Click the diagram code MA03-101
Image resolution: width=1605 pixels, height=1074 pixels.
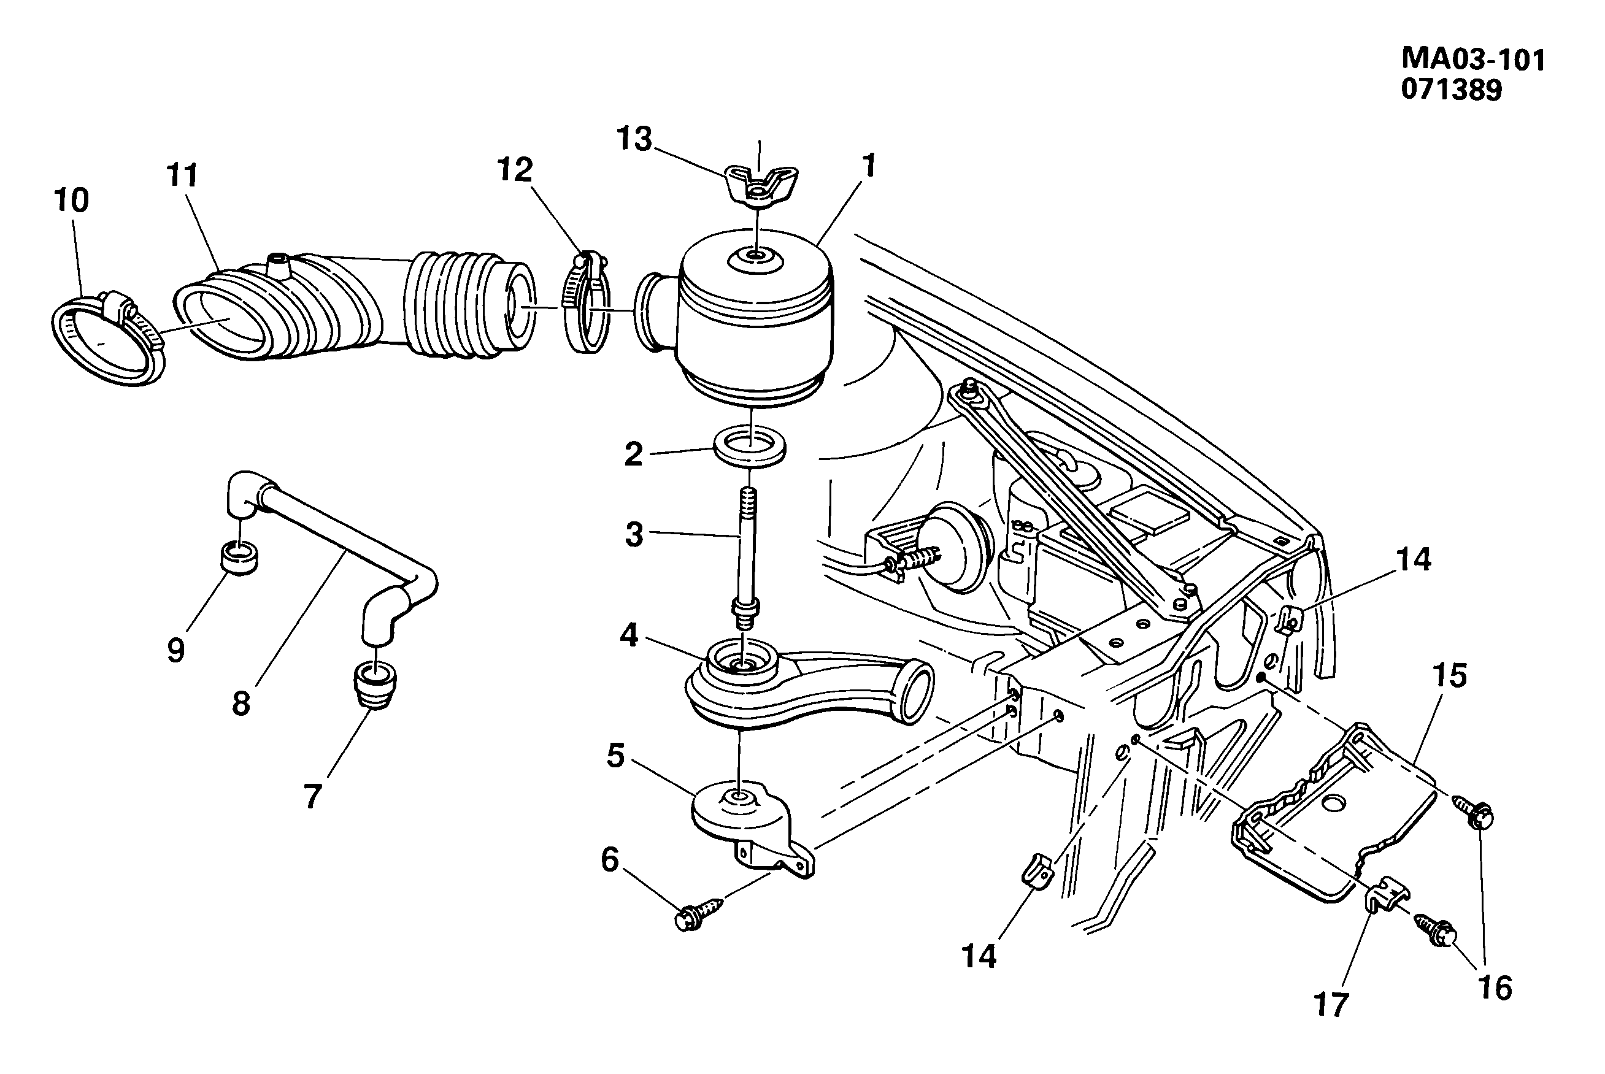click(x=1473, y=59)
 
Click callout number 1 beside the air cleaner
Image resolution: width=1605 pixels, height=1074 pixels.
click(x=869, y=166)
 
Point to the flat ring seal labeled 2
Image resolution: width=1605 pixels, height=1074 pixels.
click(x=750, y=447)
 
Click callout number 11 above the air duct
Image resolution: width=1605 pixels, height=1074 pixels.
click(x=182, y=176)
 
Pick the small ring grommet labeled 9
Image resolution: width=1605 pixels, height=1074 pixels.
click(x=239, y=558)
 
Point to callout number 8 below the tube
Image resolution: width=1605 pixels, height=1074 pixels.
click(x=241, y=704)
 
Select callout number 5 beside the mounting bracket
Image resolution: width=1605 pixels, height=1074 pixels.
click(x=615, y=756)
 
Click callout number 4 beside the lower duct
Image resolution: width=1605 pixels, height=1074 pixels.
click(x=629, y=636)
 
